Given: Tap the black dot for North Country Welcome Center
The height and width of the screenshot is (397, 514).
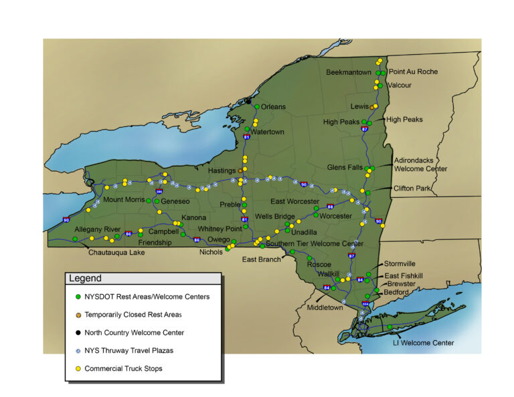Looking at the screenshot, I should [x=248, y=102].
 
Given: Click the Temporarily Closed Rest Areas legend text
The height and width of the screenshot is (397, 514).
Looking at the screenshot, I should [x=133, y=314].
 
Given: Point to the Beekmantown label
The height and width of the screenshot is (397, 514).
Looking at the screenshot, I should [x=349, y=72].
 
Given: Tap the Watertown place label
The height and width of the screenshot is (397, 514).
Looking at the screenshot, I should [x=268, y=132].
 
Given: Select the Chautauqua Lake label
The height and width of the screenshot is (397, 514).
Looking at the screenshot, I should [x=116, y=253].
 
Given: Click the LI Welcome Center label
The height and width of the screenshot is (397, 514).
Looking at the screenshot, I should [x=423, y=343].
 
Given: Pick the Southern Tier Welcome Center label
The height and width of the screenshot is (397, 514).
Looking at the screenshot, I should [x=314, y=244].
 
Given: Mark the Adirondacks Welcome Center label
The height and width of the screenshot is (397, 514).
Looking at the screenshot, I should [x=420, y=164].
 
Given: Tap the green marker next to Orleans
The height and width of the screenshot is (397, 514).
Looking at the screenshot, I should [x=257, y=107].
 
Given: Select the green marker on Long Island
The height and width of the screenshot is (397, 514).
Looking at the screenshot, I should [x=390, y=327].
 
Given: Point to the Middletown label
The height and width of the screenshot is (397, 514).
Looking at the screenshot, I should [x=325, y=307].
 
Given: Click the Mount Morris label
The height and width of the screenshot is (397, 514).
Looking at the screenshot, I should [x=123, y=200].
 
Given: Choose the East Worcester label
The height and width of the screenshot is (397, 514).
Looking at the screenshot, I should [x=295, y=201].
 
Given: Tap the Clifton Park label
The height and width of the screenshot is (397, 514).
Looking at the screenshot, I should [x=412, y=189].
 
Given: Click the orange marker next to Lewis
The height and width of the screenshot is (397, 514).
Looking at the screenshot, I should [x=372, y=107].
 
